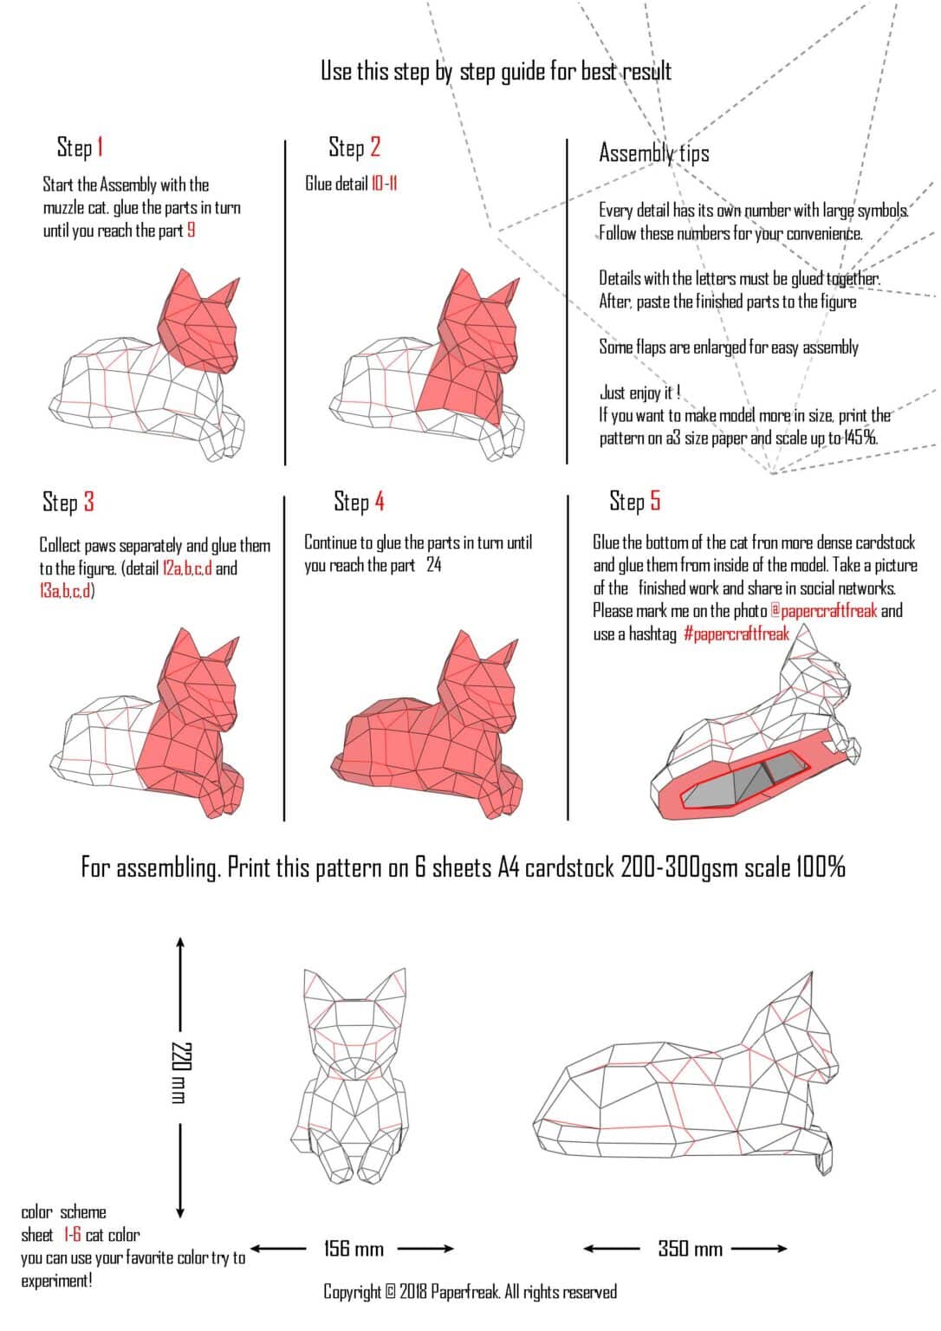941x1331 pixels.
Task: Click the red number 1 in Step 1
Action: (100, 147)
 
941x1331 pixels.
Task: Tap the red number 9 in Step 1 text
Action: (191, 230)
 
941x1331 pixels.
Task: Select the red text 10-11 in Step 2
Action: (384, 184)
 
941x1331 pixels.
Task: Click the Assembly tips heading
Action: (653, 153)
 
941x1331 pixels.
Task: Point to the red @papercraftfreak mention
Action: (823, 611)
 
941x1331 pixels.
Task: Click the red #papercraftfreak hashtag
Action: (736, 633)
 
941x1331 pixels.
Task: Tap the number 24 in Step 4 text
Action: (433, 565)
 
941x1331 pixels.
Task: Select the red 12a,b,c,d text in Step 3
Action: (187, 568)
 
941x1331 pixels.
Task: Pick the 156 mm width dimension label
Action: (354, 1249)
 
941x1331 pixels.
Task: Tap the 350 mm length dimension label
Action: (690, 1249)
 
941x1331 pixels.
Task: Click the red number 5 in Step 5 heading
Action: (655, 501)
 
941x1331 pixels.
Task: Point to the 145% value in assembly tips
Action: (860, 438)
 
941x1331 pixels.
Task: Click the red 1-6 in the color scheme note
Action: (72, 1235)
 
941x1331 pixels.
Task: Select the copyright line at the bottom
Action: (470, 1292)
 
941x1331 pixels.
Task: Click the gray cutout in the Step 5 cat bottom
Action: (745, 778)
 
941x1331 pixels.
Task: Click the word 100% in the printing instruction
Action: (819, 867)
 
